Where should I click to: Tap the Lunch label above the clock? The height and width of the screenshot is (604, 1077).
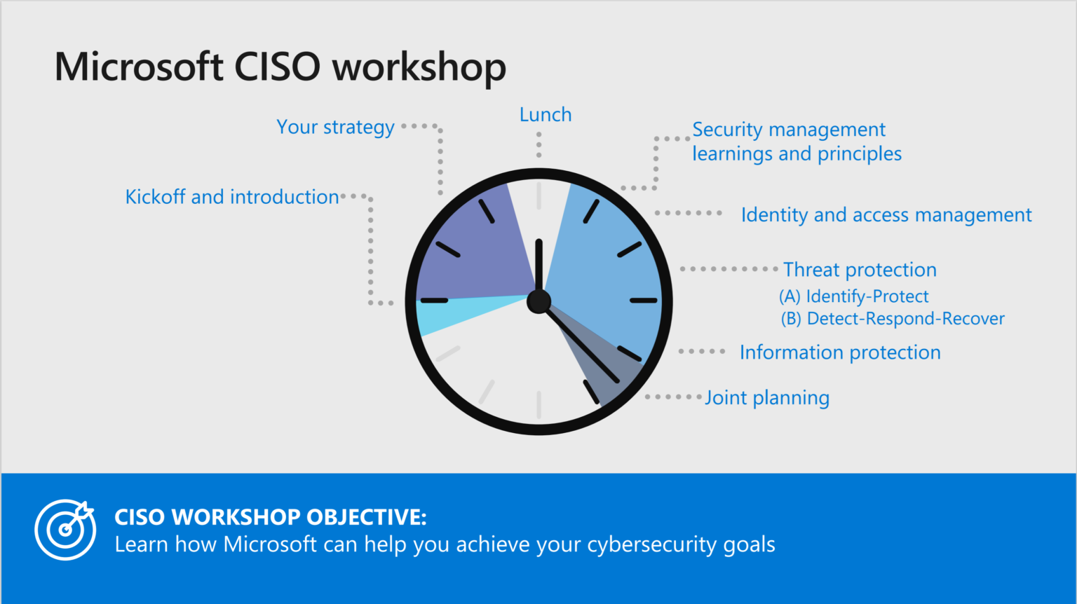pos(545,115)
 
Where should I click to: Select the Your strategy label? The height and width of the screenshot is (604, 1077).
pos(335,128)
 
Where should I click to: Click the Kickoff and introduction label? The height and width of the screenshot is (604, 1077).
pos(231,197)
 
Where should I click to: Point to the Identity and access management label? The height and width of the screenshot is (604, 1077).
pos(886,215)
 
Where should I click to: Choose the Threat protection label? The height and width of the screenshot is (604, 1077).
pos(860,270)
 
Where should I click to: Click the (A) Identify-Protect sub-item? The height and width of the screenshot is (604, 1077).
pos(853,296)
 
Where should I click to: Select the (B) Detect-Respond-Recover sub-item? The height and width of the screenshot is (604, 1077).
pos(893,319)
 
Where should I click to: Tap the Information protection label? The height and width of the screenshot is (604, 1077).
pos(840,352)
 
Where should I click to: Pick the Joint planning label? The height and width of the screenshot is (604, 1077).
pos(767,398)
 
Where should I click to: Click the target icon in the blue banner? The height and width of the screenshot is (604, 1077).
pos(65,530)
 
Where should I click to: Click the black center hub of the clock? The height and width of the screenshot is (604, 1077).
pos(538,301)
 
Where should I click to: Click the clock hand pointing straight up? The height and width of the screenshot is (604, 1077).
pos(538,263)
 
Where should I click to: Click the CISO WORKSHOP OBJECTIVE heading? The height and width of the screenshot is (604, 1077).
pos(270,517)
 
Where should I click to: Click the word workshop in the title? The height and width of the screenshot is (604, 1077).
pos(419,67)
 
